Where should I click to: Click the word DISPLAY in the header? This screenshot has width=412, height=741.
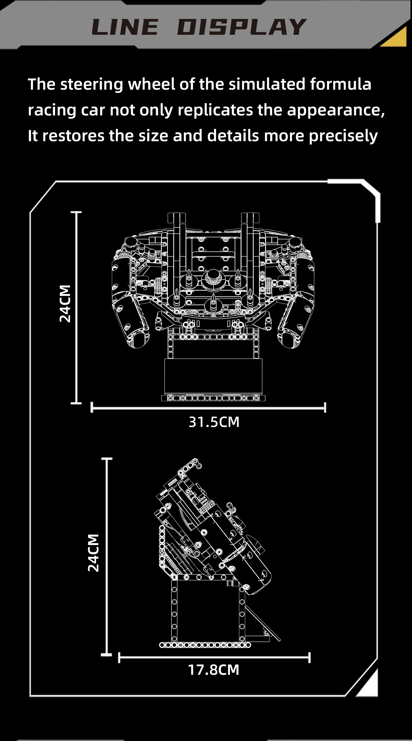[242, 27]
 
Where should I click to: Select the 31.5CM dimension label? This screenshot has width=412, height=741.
[214, 422]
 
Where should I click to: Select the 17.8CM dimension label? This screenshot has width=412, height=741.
[213, 670]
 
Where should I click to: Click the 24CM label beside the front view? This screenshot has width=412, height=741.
[65, 304]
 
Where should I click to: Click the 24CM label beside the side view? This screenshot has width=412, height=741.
[93, 553]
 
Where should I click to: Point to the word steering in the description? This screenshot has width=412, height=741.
[91, 85]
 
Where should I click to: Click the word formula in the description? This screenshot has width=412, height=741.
[340, 84]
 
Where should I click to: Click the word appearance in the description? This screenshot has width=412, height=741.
[335, 110]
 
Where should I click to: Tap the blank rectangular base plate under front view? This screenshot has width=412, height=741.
[213, 376]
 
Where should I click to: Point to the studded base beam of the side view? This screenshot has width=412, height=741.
[205, 645]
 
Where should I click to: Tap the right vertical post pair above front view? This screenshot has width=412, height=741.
[250, 227]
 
